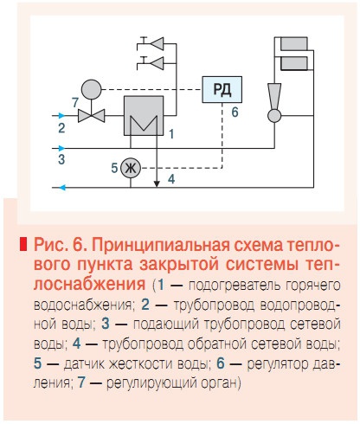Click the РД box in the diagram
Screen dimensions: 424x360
click(x=222, y=88)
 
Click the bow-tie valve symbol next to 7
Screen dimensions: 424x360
click(x=91, y=114)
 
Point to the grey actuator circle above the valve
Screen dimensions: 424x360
click(x=91, y=89)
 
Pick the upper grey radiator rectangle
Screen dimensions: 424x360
click(x=293, y=42)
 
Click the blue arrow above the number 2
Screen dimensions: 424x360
click(x=58, y=114)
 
